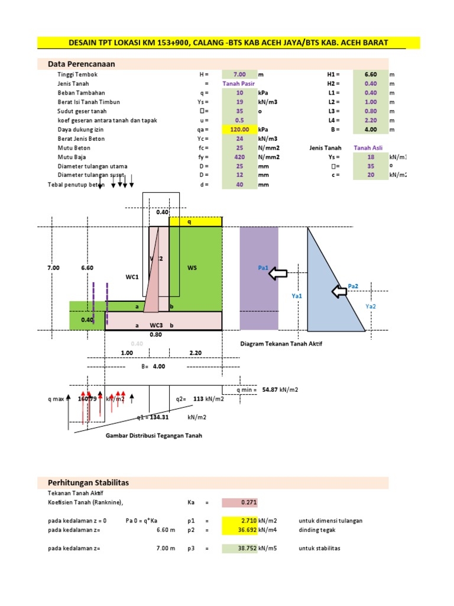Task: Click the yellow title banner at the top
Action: [229, 43]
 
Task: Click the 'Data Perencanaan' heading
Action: [77, 64]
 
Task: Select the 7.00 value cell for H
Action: [239, 75]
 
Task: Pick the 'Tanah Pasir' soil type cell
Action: [239, 84]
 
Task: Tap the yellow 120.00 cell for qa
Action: [239, 129]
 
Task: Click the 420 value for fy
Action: [239, 157]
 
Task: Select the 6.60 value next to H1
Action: [371, 75]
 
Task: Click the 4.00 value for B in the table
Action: [371, 129]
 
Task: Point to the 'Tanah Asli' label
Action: [368, 147]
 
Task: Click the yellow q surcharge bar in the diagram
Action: [196, 222]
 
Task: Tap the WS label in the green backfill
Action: [192, 268]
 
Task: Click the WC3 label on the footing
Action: [156, 325]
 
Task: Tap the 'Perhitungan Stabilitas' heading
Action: [88, 483]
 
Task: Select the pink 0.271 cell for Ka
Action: [239, 503]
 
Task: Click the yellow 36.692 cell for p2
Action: [239, 530]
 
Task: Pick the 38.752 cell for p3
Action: [239, 549]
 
